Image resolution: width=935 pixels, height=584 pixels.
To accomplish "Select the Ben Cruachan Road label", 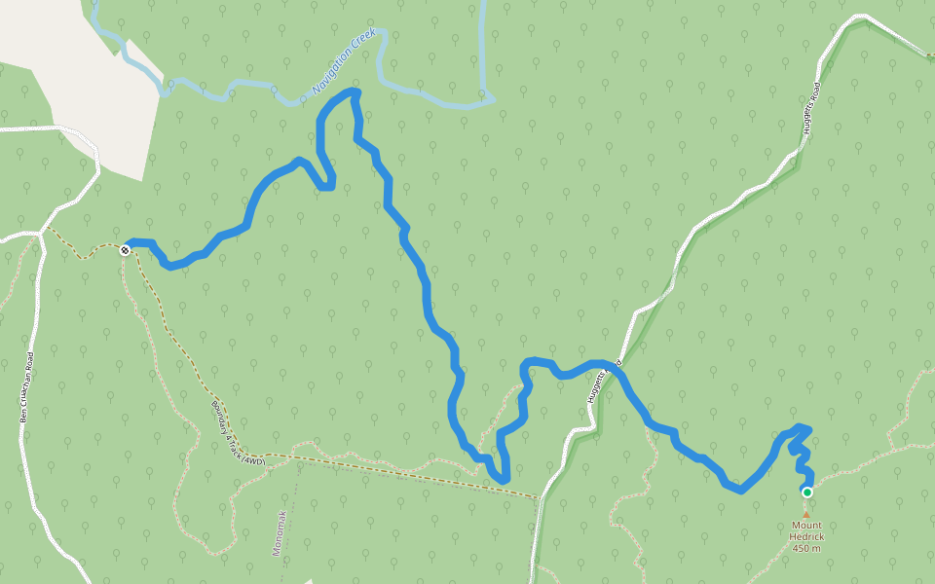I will tap(26, 386).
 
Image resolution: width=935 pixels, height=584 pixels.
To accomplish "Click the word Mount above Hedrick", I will tap(805, 526).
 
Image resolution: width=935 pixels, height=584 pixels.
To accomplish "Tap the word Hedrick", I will tap(806, 537).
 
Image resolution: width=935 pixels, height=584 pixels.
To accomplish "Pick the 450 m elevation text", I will tap(806, 549).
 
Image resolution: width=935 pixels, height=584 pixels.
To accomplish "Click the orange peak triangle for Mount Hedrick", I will tap(805, 512).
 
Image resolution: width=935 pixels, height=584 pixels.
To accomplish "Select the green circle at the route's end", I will tap(806, 493).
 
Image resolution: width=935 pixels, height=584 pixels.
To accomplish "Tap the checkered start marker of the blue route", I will tap(126, 250).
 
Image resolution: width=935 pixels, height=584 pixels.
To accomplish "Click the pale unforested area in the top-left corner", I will tap(78, 68).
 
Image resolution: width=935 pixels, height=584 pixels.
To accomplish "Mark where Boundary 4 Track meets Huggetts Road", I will tap(539, 498).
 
